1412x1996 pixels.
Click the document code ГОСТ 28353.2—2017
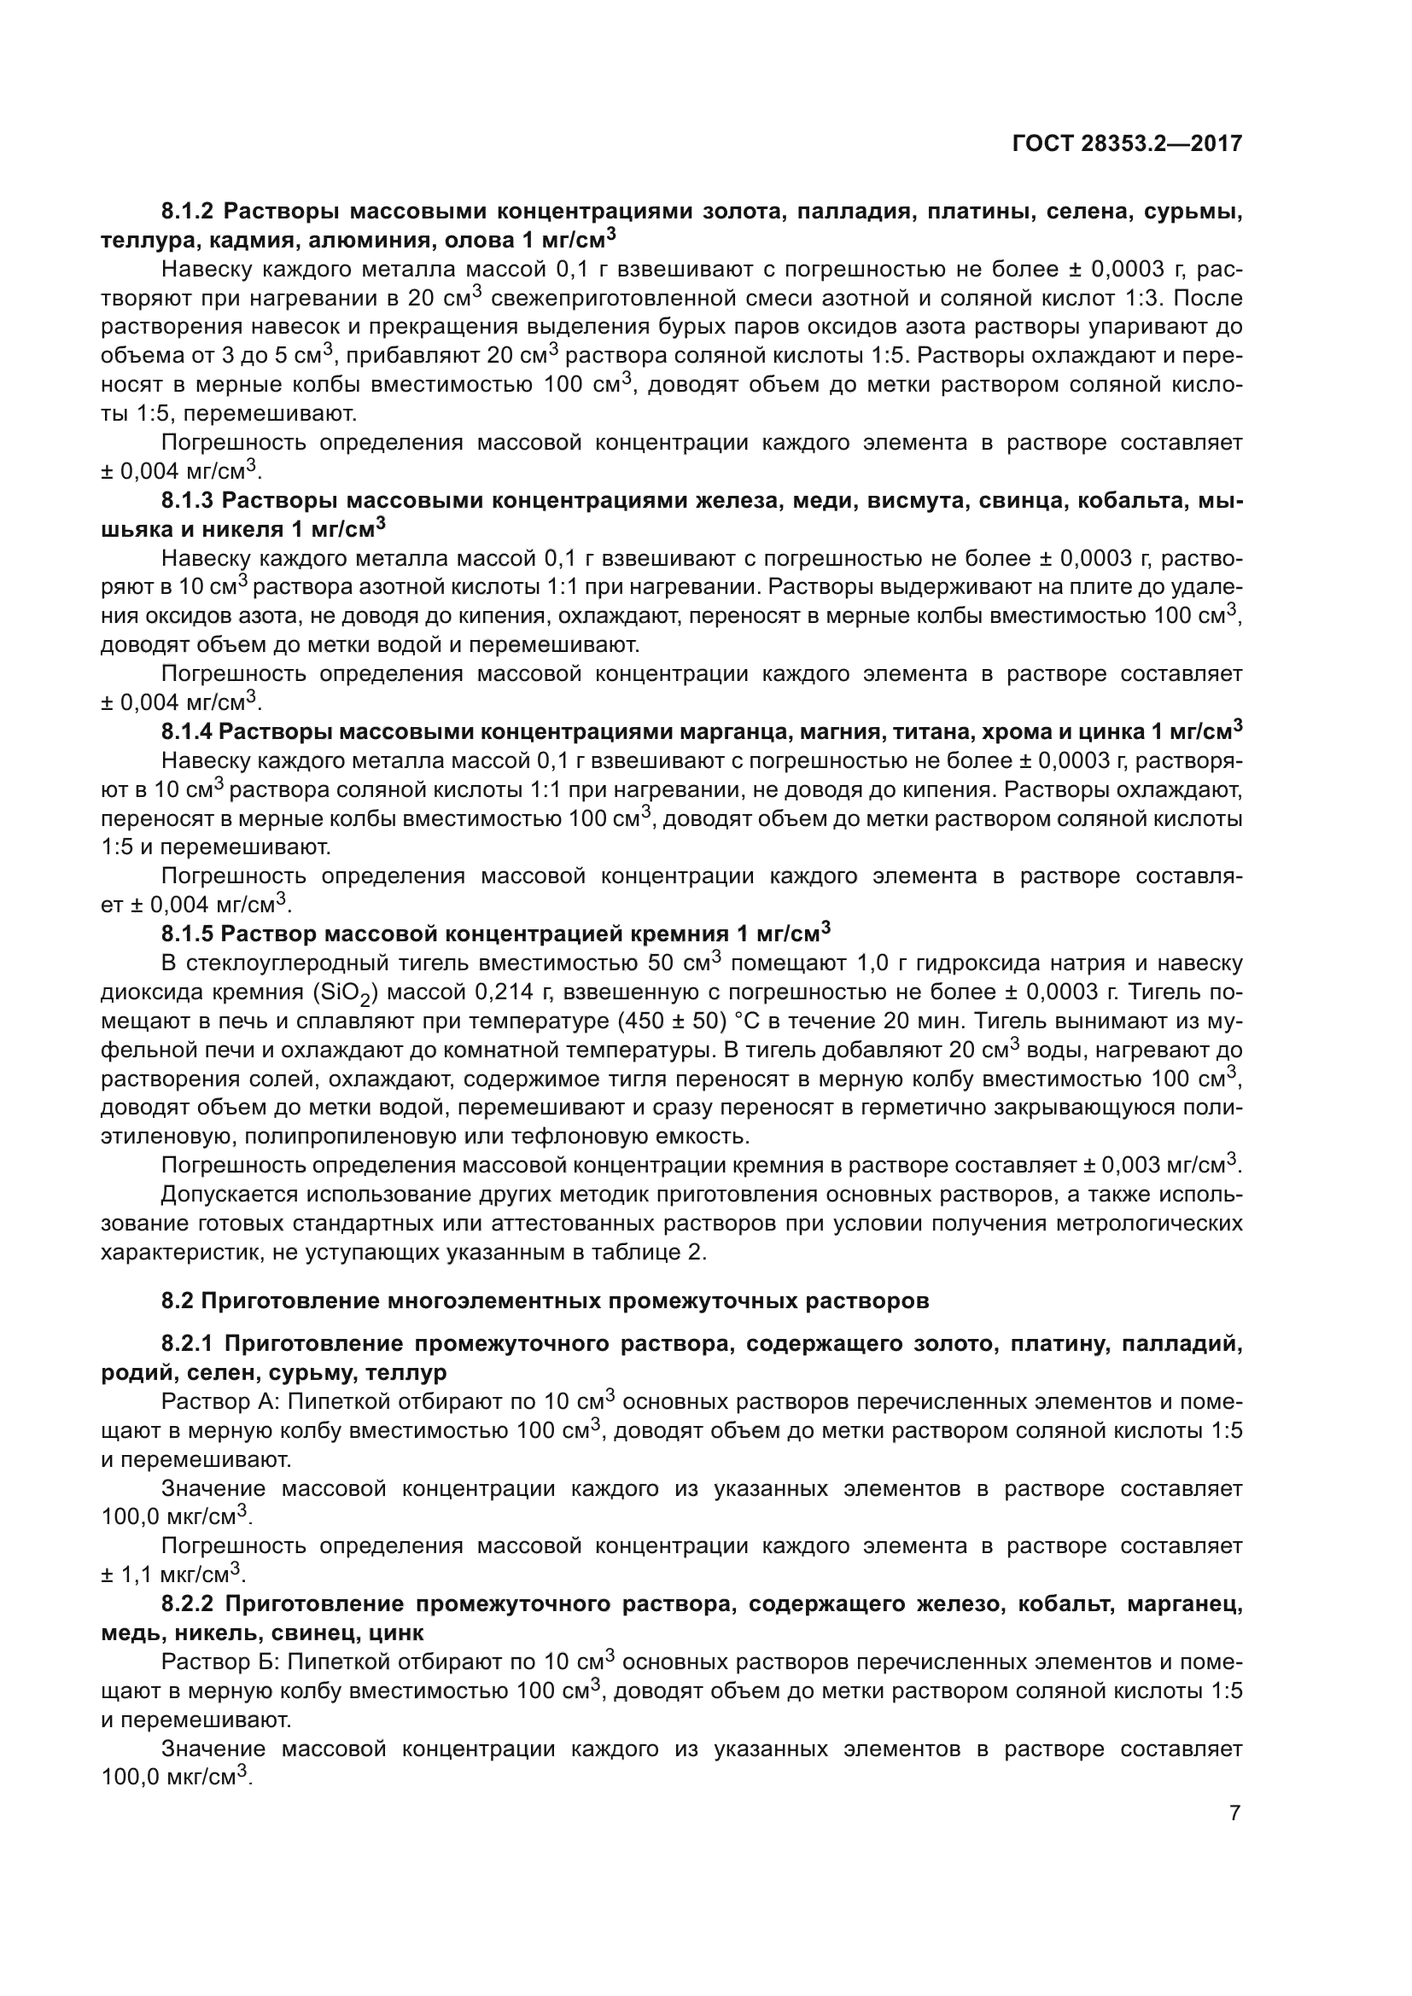tap(1127, 143)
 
